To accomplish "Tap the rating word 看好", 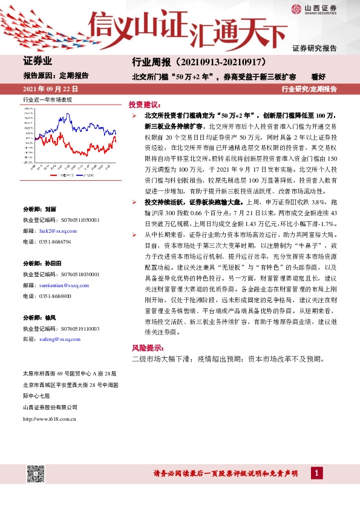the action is pos(318,77).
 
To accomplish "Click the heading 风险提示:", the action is pos(148,348).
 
